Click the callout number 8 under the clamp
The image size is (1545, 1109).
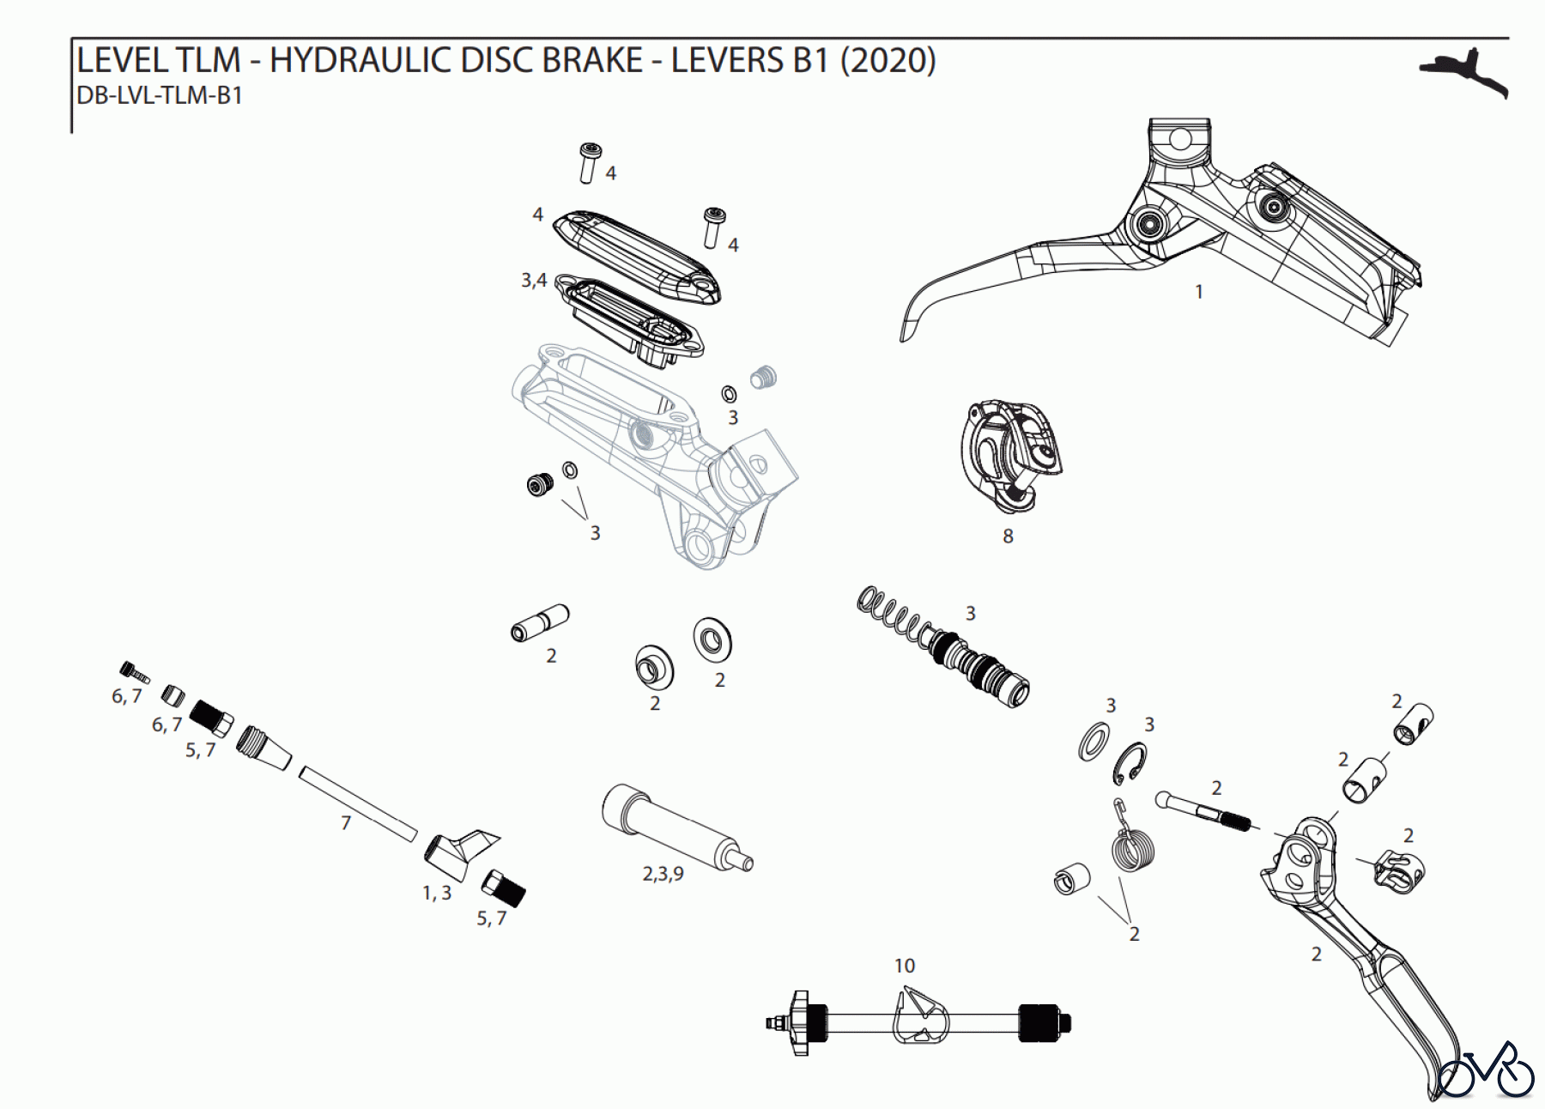[1008, 536]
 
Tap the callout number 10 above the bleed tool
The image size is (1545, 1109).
[905, 966]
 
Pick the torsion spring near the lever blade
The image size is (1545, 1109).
[1132, 845]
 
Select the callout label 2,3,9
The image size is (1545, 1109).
[663, 874]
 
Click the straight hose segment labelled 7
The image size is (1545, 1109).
[358, 805]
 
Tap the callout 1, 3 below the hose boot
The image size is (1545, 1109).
[436, 894]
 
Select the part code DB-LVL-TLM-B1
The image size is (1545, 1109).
[160, 96]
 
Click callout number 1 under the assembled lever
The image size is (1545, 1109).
[1199, 293]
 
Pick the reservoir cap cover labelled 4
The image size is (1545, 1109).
[635, 255]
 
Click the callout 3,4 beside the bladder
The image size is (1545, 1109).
[533, 281]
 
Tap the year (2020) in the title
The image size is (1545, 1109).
[888, 61]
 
